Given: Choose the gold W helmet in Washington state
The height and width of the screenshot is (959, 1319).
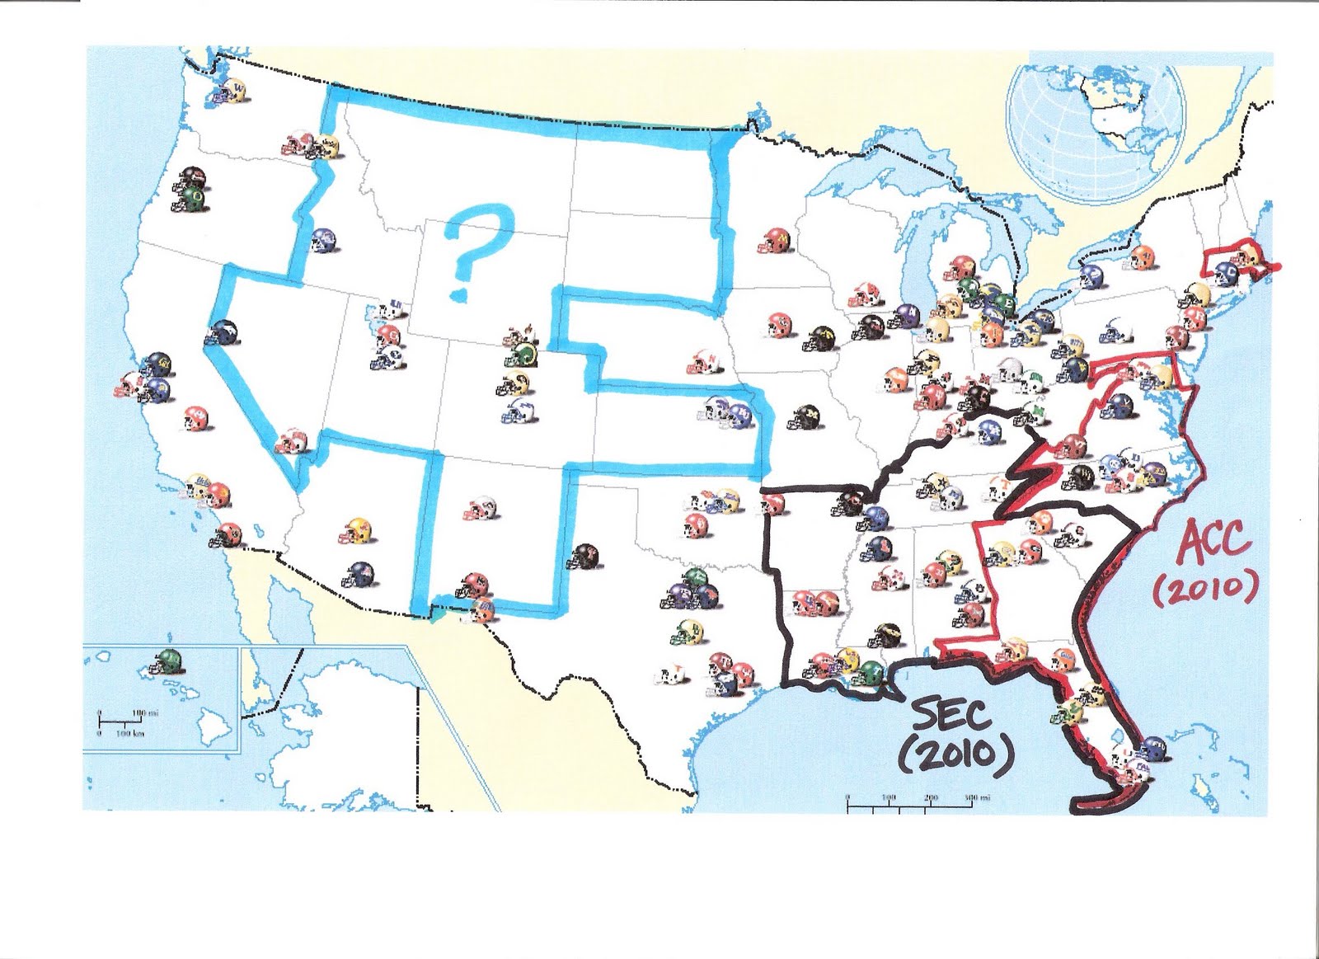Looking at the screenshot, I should point(238,87).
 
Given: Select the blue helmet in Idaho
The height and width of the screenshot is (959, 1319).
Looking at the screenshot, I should point(322,240).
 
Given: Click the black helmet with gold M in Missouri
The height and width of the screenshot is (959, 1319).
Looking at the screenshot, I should point(802,417).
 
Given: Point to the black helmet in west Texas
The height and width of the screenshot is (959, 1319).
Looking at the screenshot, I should point(586,555).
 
